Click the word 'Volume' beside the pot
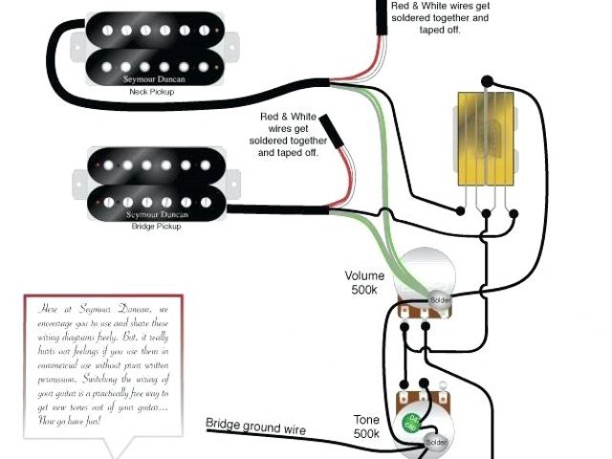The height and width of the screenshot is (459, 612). [364, 275]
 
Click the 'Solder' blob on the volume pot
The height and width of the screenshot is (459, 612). [440, 299]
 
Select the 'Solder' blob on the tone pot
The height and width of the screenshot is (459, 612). [437, 443]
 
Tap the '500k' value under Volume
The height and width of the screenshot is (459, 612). [364, 291]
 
